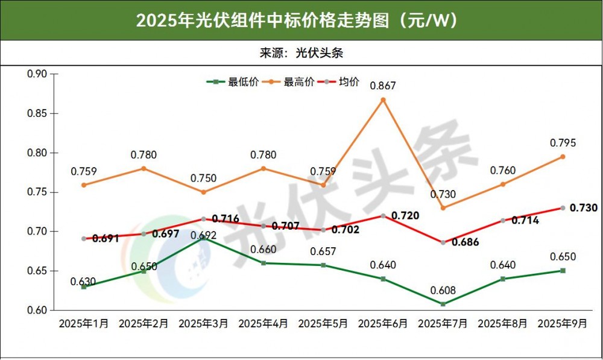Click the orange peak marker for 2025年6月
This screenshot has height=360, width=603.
pos(383,99)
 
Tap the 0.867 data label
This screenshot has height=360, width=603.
pos(383,85)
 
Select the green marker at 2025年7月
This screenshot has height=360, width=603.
pos(443,304)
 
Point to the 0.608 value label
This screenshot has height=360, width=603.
pos(443,290)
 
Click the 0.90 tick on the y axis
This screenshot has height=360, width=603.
pos(37,74)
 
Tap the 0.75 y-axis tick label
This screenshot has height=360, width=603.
pos(37,192)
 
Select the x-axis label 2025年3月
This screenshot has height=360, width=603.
pos(203,324)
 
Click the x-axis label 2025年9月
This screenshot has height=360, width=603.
pos(562,324)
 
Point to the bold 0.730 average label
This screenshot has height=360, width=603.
pos(583,208)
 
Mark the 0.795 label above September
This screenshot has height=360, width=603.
pos(563,143)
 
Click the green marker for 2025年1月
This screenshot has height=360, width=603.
pos(84,287)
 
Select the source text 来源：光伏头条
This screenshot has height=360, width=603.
pos(301,52)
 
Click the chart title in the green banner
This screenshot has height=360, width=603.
pos(301,21)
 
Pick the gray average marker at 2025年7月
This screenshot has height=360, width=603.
pos(443,242)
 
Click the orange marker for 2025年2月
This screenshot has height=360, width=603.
pos(144,168)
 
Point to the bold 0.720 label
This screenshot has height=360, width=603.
pos(405,215)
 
